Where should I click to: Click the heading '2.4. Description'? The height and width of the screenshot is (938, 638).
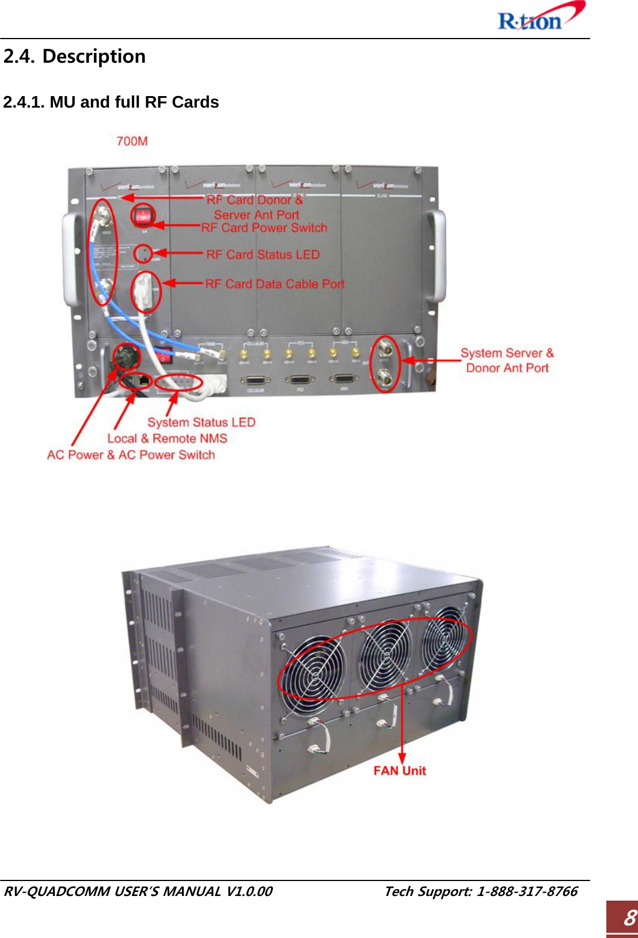(x=74, y=56)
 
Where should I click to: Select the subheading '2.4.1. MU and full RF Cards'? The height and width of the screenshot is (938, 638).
(x=111, y=102)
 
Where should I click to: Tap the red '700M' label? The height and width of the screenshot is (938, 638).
(x=132, y=141)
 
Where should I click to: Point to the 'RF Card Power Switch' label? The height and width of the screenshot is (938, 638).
(x=264, y=228)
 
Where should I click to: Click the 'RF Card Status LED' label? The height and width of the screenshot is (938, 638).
(x=263, y=254)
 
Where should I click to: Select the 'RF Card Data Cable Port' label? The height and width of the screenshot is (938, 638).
(x=275, y=284)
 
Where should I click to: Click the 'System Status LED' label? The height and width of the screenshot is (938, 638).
(x=201, y=422)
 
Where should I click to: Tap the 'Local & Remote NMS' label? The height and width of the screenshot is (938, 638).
(x=167, y=439)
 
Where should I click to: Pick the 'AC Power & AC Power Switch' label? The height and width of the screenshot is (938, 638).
(x=131, y=455)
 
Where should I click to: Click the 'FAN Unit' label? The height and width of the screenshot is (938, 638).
(x=400, y=771)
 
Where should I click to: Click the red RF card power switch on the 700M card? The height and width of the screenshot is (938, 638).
(x=143, y=217)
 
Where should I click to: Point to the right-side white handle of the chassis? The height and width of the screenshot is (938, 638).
(x=436, y=256)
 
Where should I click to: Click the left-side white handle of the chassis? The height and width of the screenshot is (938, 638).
(x=71, y=259)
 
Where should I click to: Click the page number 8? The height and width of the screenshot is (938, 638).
(x=629, y=917)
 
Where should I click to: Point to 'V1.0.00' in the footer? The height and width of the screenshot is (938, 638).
(x=249, y=891)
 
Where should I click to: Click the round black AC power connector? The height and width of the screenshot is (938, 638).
(x=124, y=357)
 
